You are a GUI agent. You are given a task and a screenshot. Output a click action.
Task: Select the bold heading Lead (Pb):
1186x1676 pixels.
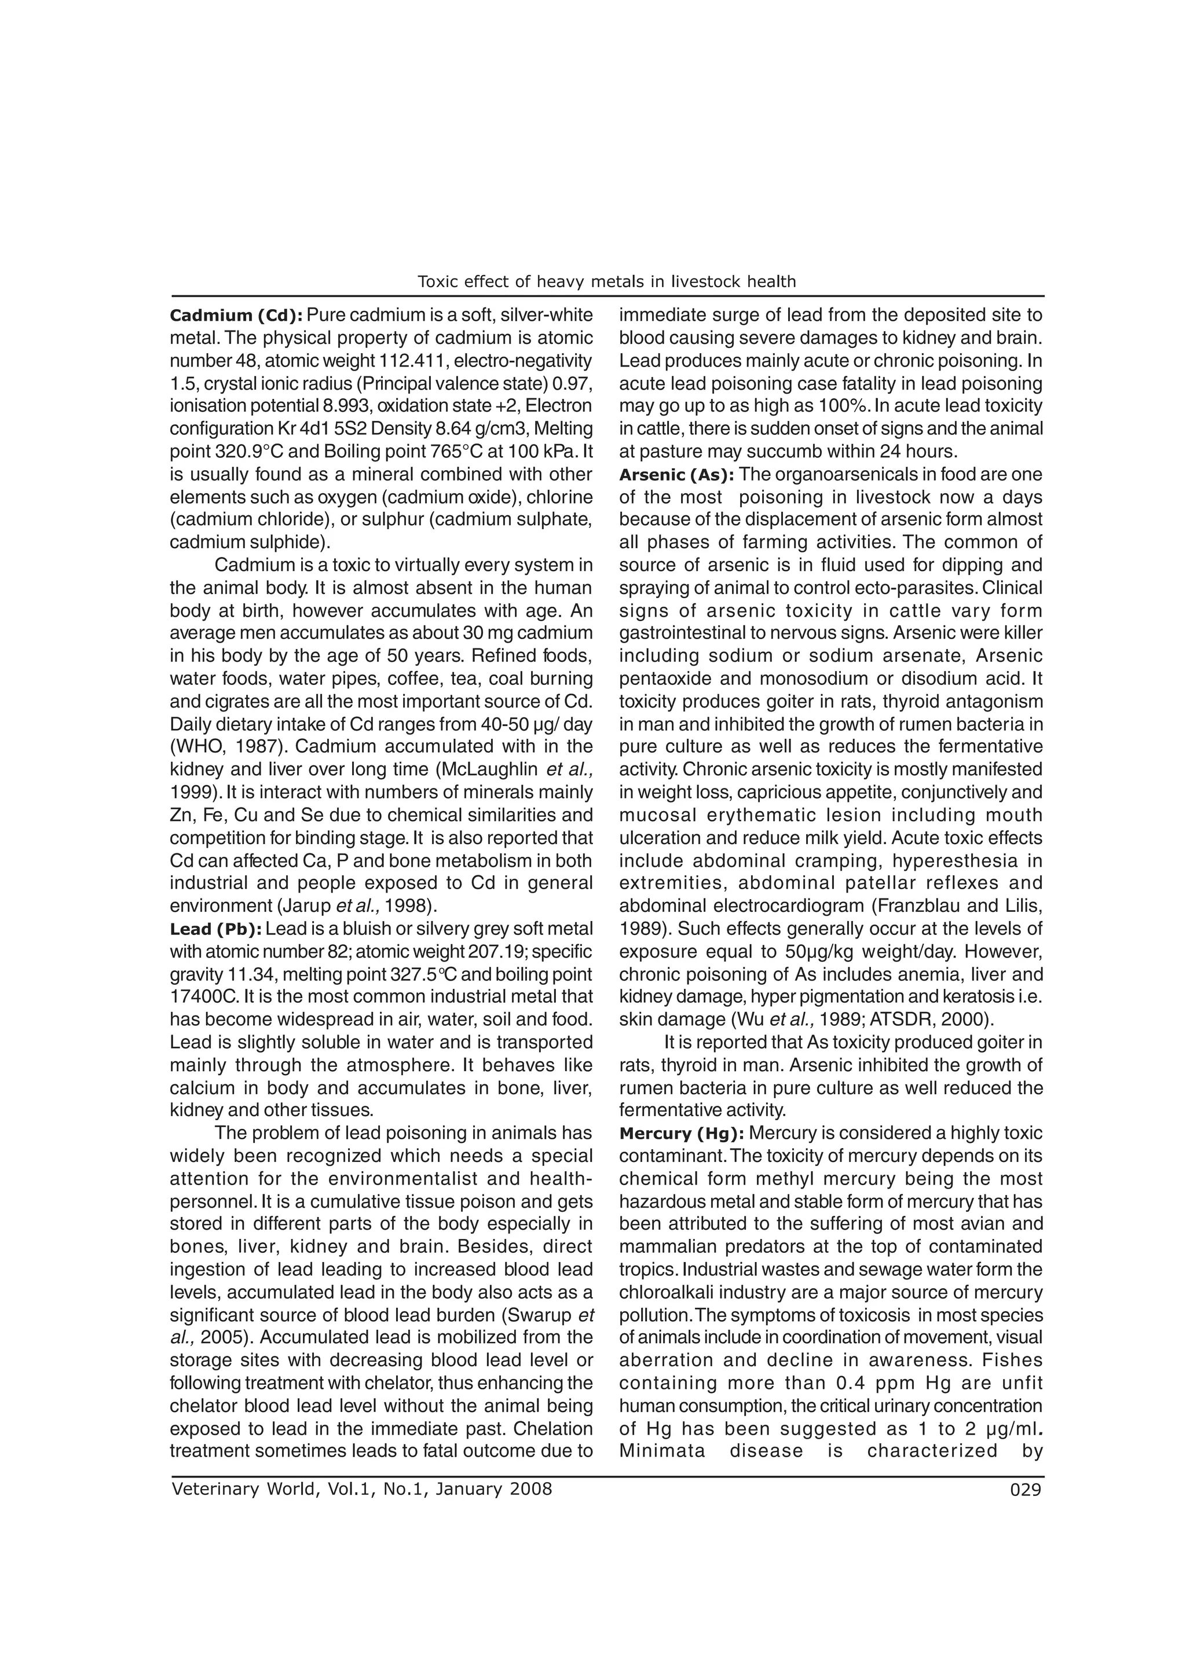coord(215,929)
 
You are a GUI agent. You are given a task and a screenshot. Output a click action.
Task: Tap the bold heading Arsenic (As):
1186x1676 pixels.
coord(677,475)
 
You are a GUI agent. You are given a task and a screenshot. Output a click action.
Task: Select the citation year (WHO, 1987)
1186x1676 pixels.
coord(208,747)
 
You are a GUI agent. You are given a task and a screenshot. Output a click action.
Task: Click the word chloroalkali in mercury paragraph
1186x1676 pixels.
coord(665,1293)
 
